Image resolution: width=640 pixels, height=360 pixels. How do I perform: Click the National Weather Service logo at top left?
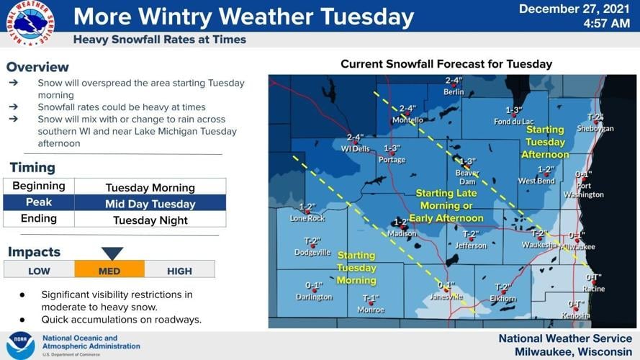pyautogui.click(x=30, y=23)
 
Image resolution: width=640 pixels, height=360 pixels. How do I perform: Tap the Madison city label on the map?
pyautogui.click(x=402, y=233)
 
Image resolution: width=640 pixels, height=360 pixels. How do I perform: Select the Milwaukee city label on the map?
pyautogui.click(x=578, y=246)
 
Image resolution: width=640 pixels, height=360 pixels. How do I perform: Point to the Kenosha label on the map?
pyautogui.click(x=576, y=315)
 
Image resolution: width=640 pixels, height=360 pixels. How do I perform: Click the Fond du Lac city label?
pyautogui.click(x=513, y=122)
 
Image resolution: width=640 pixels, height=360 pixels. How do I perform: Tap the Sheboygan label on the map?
pyautogui.click(x=595, y=128)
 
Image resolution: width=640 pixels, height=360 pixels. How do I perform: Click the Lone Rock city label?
pyautogui.click(x=307, y=218)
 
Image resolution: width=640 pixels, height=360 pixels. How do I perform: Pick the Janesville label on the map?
pyautogui.click(x=446, y=296)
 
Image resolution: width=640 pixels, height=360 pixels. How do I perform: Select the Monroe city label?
pyautogui.click(x=371, y=310)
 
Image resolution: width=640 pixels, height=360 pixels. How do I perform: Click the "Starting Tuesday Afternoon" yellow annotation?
pyautogui.click(x=545, y=142)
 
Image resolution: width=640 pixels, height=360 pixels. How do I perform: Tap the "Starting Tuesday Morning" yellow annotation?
pyautogui.click(x=356, y=267)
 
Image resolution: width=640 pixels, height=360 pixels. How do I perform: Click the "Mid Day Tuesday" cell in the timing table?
pyautogui.click(x=150, y=204)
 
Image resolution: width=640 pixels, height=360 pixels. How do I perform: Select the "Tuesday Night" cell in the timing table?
pyautogui.click(x=150, y=220)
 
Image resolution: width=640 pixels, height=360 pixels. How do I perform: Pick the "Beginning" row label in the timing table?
pyautogui.click(x=39, y=186)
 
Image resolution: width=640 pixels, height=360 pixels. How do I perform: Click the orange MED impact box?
pyautogui.click(x=109, y=271)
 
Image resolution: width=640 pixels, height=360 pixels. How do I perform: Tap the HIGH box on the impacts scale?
pyautogui.click(x=179, y=271)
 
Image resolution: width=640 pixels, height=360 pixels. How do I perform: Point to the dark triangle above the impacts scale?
pyautogui.click(x=112, y=253)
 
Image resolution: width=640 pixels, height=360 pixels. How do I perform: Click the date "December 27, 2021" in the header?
pyautogui.click(x=574, y=9)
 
